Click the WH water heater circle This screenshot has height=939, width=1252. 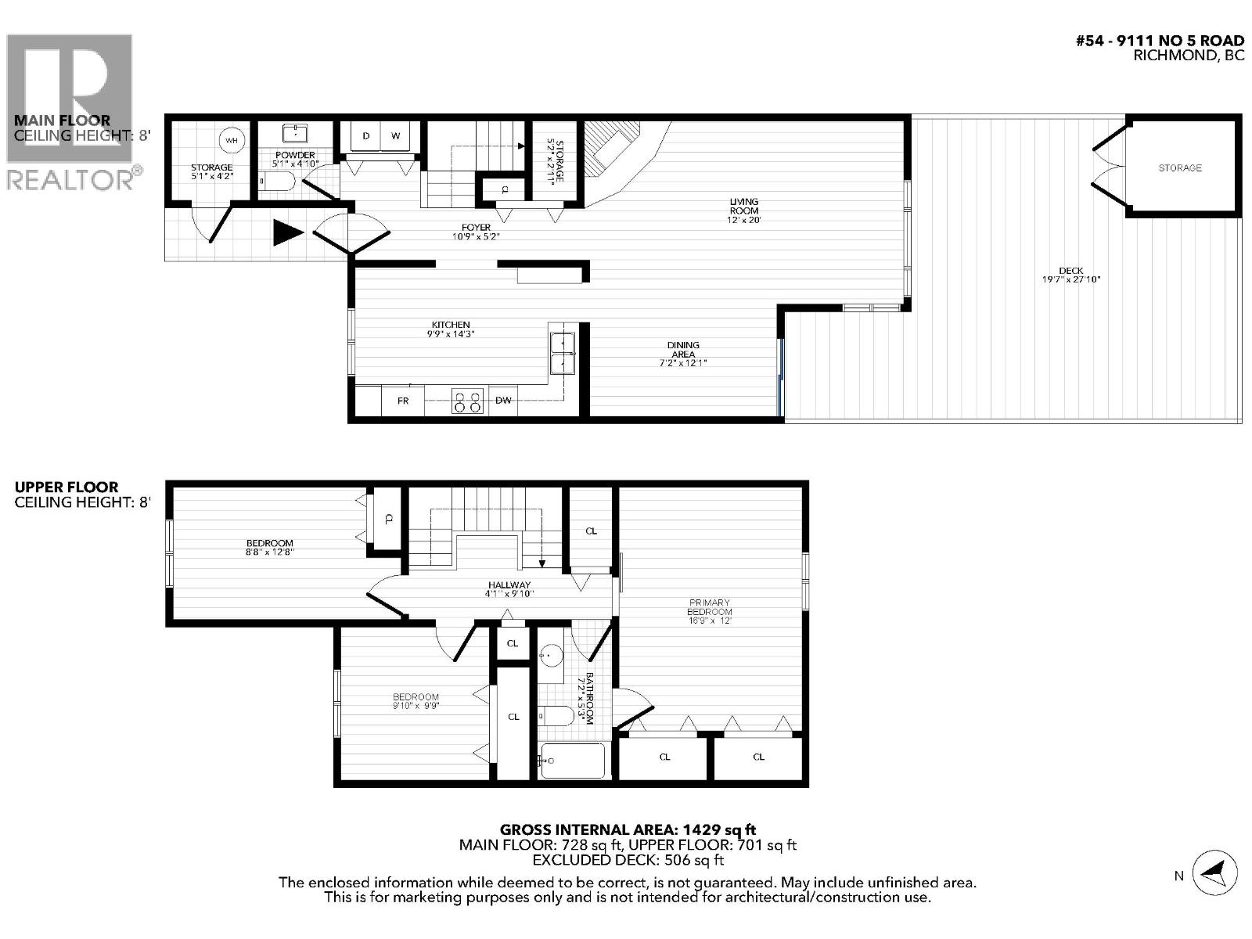pos(231,141)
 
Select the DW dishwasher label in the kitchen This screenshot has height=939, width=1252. pos(503,401)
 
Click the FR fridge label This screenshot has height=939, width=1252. pos(403,401)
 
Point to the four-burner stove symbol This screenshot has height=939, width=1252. pos(467,401)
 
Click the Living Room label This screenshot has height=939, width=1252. pos(743,207)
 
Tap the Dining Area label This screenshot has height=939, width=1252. pos(683,350)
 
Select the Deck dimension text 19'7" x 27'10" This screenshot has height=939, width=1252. pos(1070,279)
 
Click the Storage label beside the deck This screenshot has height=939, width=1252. pos(1180,167)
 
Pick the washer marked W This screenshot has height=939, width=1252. pos(396,136)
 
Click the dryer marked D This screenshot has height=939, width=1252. pos(365,136)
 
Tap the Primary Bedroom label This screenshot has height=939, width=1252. pos(709,607)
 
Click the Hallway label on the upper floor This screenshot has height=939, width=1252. pos(509,585)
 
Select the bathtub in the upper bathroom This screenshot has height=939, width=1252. pos(573,761)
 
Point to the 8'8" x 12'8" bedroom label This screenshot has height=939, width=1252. pos(269,547)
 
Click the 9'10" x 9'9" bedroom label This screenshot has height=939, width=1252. pos(416,701)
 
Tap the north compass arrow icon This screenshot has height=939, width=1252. pos(1214,871)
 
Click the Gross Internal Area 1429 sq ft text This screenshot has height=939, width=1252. pos(628,829)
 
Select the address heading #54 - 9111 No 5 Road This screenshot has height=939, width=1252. pos(1160,41)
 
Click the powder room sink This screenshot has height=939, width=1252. pos(294,133)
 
